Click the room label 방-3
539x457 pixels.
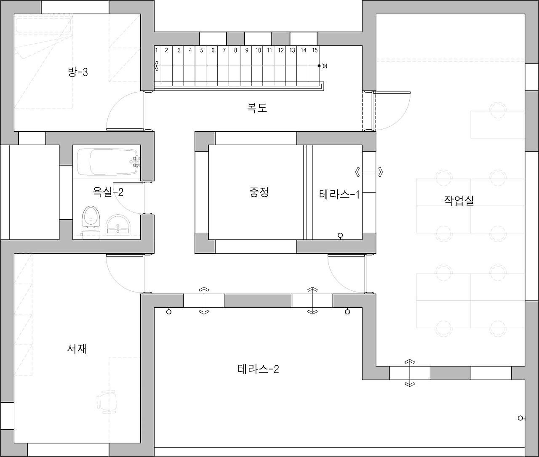pos(78,72)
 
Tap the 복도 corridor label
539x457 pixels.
pos(257,108)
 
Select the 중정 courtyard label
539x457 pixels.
pos(259,192)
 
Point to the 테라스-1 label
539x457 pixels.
pos(339,194)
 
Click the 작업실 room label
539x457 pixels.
pos(459,200)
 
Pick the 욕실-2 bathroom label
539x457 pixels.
pos(108,192)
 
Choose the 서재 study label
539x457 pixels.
pos(77,348)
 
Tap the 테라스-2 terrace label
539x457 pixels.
pos(258,369)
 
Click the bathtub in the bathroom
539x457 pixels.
pos(108,162)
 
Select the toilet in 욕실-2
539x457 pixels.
pos(91,219)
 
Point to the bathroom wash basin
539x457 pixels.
pos(119,225)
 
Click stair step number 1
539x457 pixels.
pos(156,50)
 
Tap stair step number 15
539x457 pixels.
pos(315,50)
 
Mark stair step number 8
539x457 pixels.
pos(235,50)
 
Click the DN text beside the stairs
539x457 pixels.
pos(324,66)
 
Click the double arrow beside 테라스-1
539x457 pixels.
pos(369,172)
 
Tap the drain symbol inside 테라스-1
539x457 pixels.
pos(341,236)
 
